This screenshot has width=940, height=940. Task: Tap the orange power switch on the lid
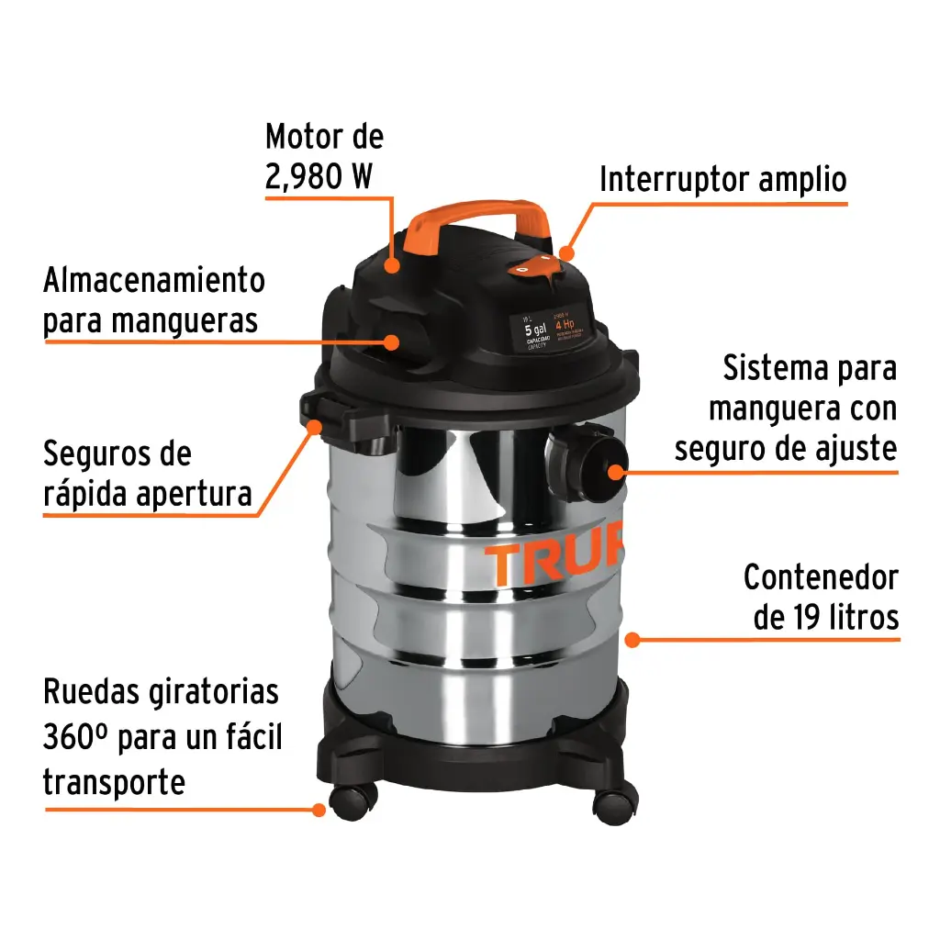point(535,266)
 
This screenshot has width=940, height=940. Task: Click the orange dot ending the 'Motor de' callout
point(392,266)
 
